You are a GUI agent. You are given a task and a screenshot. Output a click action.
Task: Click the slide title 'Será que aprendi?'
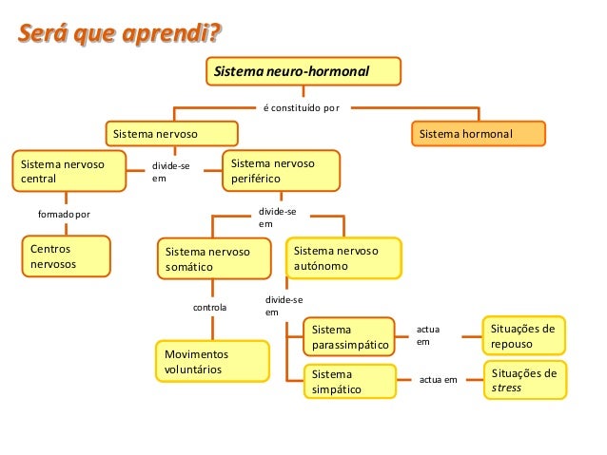(x=118, y=36)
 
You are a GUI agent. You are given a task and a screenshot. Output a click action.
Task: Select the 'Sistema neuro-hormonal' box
(x=304, y=72)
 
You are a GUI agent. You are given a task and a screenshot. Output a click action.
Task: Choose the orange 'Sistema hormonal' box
(x=479, y=135)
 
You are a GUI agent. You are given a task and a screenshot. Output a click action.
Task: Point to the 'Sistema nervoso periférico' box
(x=282, y=170)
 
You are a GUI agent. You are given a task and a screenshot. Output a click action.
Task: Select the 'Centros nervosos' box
(x=65, y=256)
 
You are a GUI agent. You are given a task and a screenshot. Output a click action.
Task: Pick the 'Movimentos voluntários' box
(x=204, y=360)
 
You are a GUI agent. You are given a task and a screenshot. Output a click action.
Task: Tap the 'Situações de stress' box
(x=524, y=381)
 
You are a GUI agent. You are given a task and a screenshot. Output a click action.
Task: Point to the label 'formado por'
(x=64, y=215)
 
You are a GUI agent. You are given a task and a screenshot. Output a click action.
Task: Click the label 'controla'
(x=209, y=308)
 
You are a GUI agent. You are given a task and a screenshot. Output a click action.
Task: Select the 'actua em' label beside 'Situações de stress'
(x=438, y=380)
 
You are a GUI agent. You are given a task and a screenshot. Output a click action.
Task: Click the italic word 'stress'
(x=506, y=389)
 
